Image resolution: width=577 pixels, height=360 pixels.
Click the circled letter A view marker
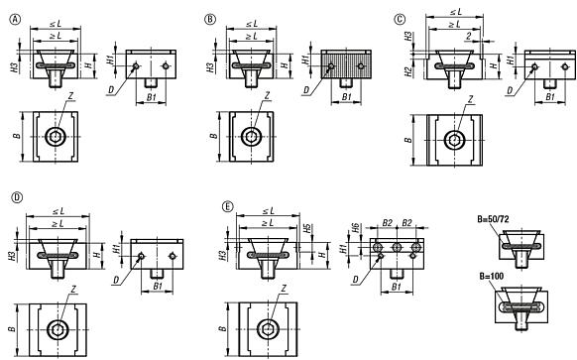(x=15, y=19)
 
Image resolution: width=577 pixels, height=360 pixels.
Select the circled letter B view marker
(x=210, y=19)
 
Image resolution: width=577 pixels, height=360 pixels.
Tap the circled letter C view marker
(x=400, y=19)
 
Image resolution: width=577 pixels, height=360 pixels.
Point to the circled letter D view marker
(x=17, y=197)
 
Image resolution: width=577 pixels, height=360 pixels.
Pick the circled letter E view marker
(x=228, y=207)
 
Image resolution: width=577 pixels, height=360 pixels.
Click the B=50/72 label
(x=493, y=219)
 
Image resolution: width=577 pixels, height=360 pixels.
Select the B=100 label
(x=492, y=276)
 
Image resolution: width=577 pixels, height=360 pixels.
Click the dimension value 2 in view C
(x=469, y=36)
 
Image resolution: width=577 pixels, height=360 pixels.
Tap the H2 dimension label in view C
(x=408, y=71)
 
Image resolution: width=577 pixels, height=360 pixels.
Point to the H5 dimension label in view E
(x=308, y=228)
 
